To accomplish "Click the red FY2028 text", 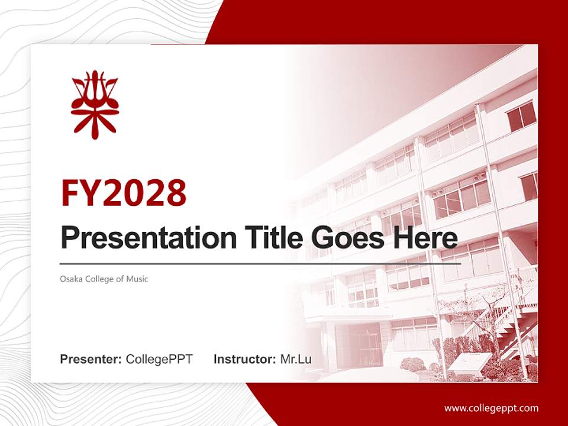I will point(124,193).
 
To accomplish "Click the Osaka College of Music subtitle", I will point(104,279).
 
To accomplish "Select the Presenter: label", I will point(91,359).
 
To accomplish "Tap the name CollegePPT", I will point(159,359).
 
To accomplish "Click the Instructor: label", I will point(244,359).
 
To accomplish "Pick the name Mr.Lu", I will point(295,359).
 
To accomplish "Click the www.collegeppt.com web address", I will point(491,408).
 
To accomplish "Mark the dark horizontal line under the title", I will point(260,263).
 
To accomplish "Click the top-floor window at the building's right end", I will point(521,116).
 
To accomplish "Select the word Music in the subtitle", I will point(137,279).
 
